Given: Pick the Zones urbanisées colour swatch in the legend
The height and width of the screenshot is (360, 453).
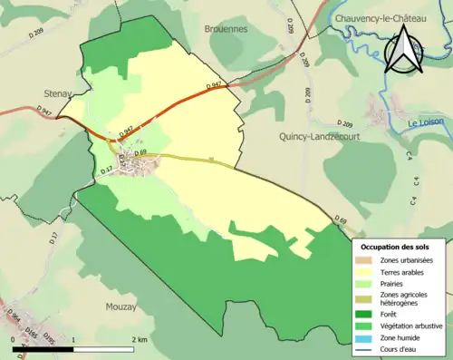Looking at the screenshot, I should (365, 260).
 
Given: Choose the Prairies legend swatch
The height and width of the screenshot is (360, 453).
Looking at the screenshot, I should (365, 283).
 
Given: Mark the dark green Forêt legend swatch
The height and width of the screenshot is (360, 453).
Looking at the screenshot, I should (365, 315).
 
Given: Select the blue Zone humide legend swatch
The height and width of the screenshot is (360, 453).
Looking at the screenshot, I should (365, 337).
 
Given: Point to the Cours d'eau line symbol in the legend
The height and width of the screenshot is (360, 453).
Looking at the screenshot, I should (365, 348).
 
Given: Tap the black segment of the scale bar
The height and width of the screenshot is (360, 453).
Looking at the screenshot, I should (43, 348).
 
